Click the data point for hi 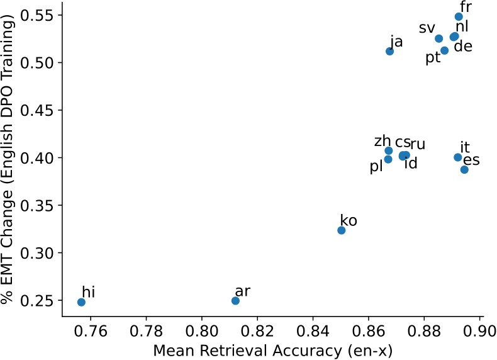click(x=81, y=302)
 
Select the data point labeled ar click(x=235, y=301)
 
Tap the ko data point click(x=341, y=230)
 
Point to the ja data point click(x=389, y=51)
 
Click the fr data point click(x=459, y=16)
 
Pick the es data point click(x=464, y=169)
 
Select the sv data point click(x=439, y=38)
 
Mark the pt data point click(x=444, y=50)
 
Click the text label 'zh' click(x=383, y=141)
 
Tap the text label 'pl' click(x=376, y=167)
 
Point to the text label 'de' click(x=463, y=47)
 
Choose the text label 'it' click(x=465, y=147)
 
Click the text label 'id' click(x=411, y=164)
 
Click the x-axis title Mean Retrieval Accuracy click(x=272, y=351)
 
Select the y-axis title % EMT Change click(x=9, y=160)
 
